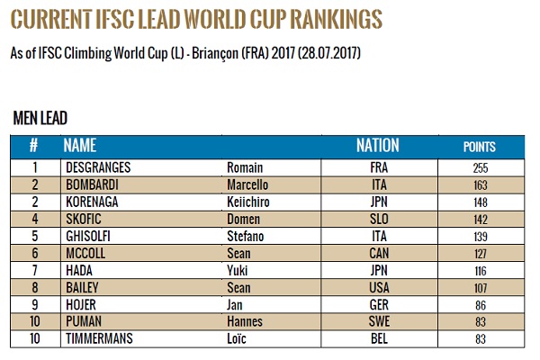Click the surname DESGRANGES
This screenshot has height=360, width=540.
click(x=100, y=167)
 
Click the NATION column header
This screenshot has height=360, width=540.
click(x=378, y=146)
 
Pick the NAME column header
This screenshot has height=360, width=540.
click(x=80, y=146)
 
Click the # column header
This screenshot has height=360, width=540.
click(x=34, y=146)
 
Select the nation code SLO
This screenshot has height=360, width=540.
click(x=378, y=219)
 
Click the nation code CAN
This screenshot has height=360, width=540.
click(x=378, y=253)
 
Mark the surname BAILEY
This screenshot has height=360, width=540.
click(x=82, y=287)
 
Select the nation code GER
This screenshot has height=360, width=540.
click(x=378, y=304)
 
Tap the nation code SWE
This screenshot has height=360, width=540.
click(x=378, y=321)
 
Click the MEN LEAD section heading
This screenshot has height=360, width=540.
click(x=41, y=118)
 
